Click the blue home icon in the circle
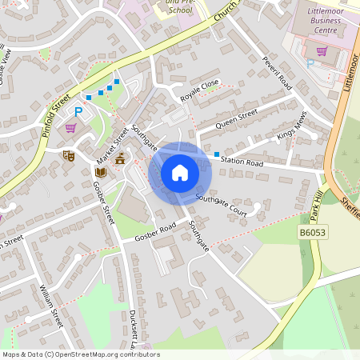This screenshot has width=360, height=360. [x=179, y=173]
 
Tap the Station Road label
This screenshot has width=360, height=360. [x=242, y=163]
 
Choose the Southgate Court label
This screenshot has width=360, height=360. [x=226, y=206]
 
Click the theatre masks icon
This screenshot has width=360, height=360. [x=69, y=156]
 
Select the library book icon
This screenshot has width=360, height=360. [x=101, y=172]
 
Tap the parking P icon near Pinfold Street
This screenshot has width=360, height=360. [x=78, y=113]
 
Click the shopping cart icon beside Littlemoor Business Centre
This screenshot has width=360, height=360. [x=322, y=52]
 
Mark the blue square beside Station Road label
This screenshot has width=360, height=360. [x=216, y=154]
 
